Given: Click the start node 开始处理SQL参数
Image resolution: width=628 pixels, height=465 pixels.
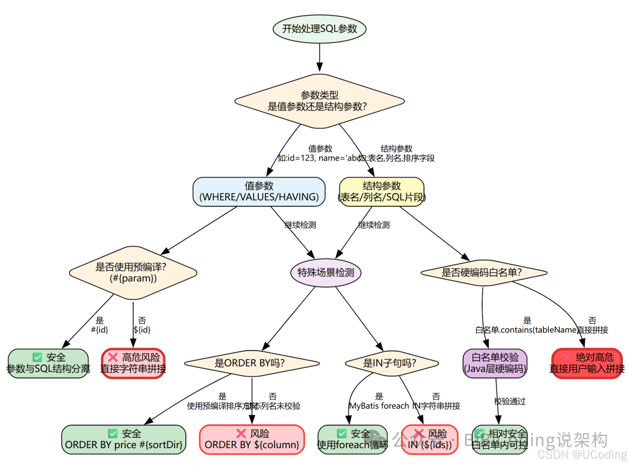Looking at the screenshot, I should tap(319, 28).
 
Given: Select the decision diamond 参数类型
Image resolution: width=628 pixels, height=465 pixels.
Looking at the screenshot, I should tap(319, 101).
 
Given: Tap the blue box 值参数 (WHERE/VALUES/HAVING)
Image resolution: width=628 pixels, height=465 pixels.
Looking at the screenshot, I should tap(259, 191).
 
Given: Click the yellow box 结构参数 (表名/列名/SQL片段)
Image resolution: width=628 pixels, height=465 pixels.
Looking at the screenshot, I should tap(381, 191).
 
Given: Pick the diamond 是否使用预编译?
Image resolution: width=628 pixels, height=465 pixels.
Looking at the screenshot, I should tap(133, 272).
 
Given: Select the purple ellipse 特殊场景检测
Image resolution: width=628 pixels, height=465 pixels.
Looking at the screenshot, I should tap(326, 272).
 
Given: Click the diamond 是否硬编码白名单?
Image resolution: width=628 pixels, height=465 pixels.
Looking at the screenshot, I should tap(483, 272).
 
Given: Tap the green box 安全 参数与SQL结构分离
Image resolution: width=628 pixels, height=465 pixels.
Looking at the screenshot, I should tap(48, 363).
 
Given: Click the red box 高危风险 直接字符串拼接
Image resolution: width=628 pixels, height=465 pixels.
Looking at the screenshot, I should tap(133, 363).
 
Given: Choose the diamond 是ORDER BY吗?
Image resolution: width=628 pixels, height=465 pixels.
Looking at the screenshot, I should tap(251, 363).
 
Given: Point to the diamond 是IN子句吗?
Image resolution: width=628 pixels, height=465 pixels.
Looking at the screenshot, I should tap(392, 363).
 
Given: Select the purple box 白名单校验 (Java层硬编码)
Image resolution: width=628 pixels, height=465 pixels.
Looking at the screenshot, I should tap(494, 363).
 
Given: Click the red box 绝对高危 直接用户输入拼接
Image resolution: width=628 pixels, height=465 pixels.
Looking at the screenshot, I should tap(587, 363).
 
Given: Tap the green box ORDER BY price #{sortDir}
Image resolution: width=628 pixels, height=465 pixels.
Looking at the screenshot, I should tap(124, 439).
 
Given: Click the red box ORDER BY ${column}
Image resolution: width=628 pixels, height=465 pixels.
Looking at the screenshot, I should tap(252, 439).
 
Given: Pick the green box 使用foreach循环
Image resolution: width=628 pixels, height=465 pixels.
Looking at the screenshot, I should tap(352, 439).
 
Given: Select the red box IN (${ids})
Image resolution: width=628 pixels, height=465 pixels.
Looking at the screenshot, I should tap(429, 439).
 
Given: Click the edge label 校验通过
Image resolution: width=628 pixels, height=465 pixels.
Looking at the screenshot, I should tap(510, 401).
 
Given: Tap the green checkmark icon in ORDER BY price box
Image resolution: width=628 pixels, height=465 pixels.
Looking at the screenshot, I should tap(113, 434).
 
